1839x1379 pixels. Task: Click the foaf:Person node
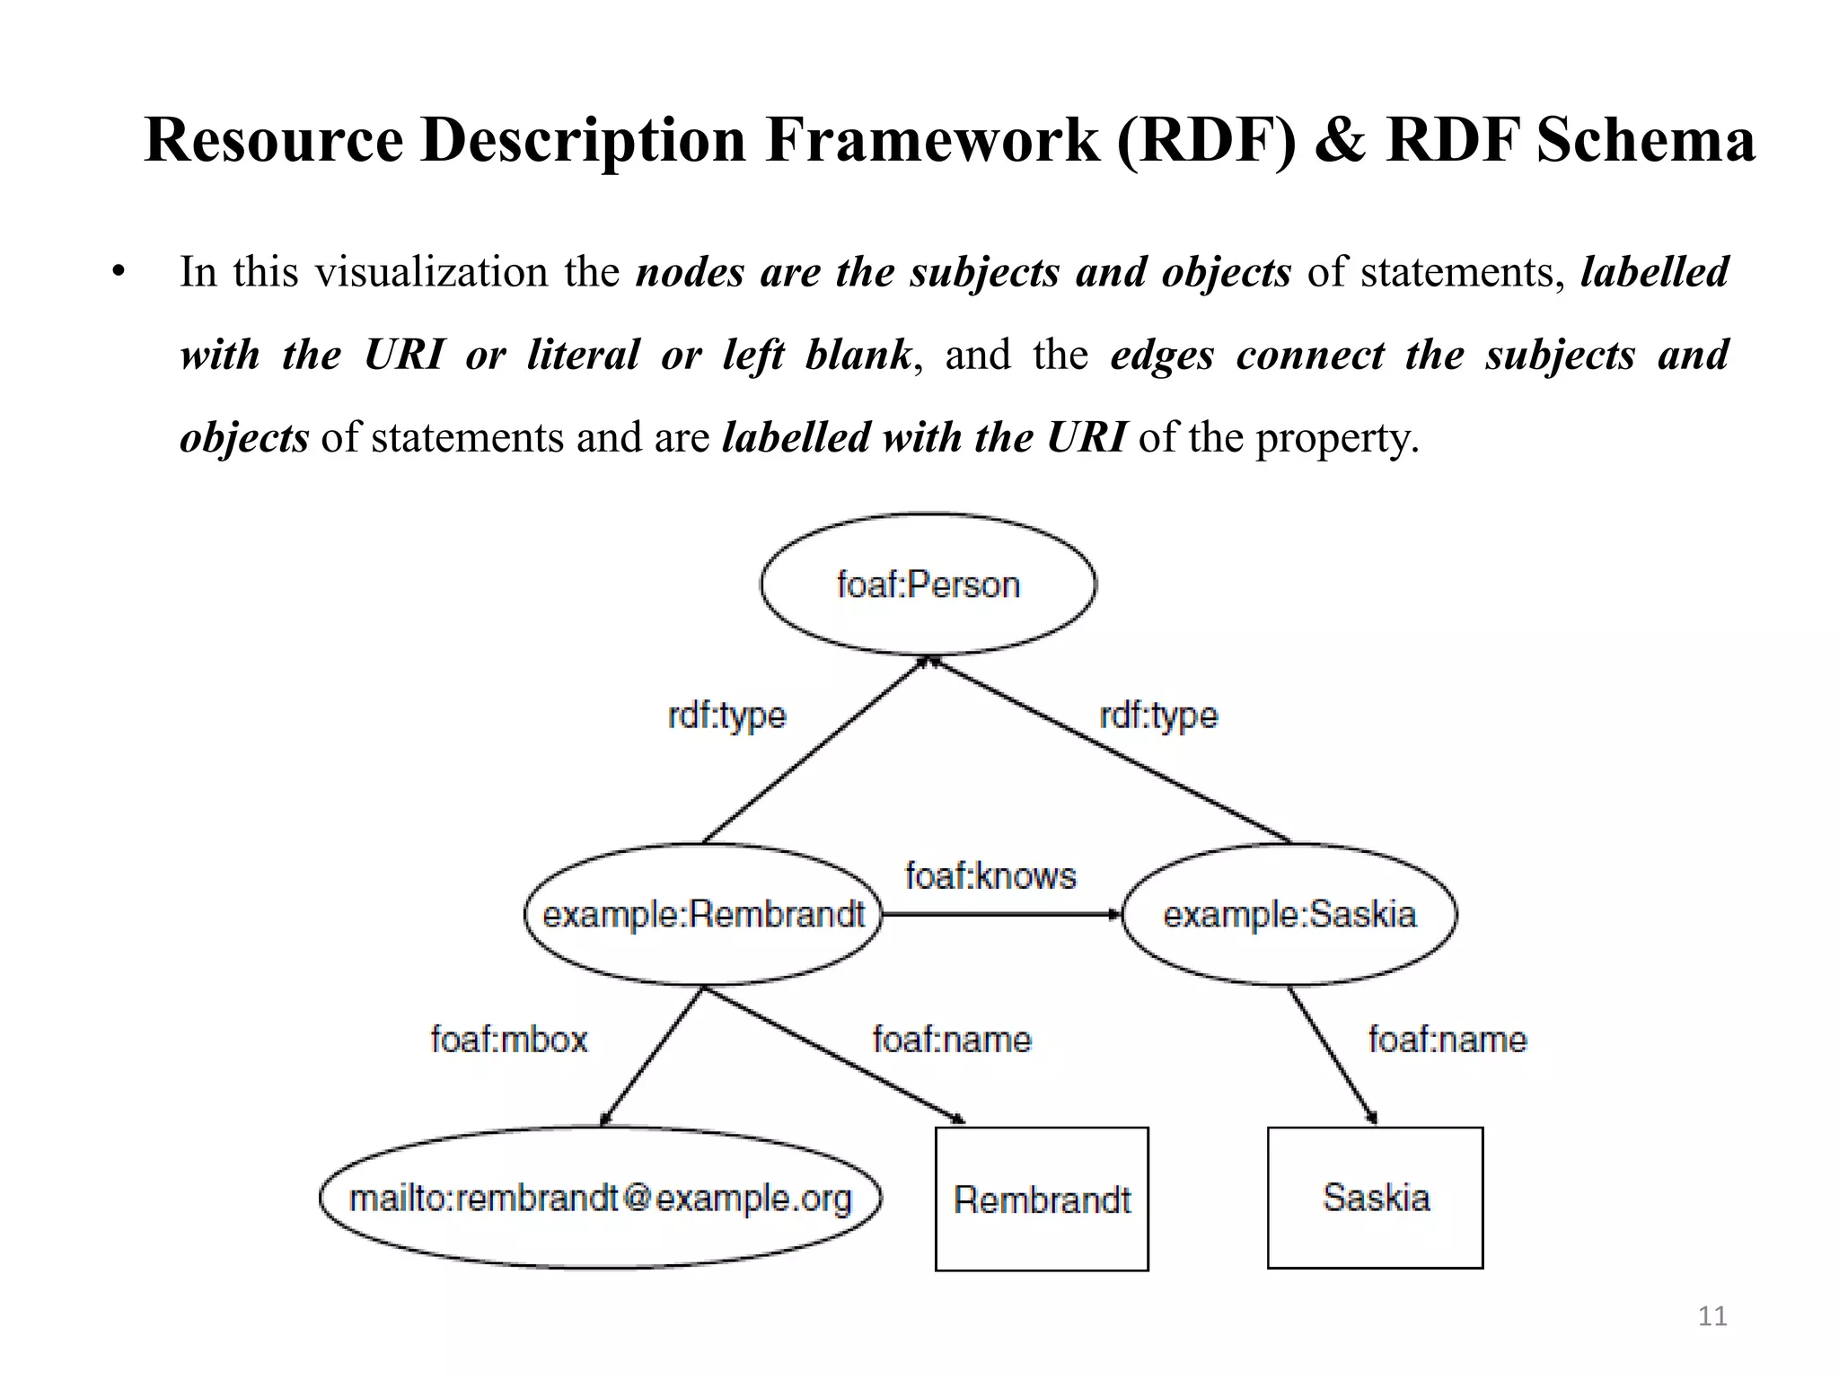click(928, 584)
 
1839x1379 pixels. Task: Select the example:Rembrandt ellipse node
click(703, 915)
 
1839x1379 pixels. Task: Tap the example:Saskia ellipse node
click(1289, 915)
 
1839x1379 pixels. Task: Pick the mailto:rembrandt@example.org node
click(600, 1198)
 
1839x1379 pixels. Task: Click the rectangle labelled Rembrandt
click(1042, 1199)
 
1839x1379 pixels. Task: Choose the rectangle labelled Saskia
click(1375, 1198)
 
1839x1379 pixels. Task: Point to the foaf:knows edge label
click(990, 875)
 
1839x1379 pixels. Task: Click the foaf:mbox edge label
click(509, 1040)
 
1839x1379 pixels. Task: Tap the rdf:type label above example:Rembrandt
click(726, 716)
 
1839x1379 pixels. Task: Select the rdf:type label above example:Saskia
click(1158, 716)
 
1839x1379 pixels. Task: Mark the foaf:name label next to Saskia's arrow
click(1447, 1040)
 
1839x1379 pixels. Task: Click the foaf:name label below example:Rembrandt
click(952, 1040)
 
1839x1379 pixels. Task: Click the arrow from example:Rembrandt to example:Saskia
click(1001, 915)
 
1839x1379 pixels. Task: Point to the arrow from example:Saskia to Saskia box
click(1332, 1056)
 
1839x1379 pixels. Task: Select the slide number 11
click(1712, 1316)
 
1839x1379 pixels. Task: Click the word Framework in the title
click(932, 140)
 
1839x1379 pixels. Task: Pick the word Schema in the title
click(1645, 140)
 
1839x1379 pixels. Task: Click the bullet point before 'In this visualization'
click(119, 272)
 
